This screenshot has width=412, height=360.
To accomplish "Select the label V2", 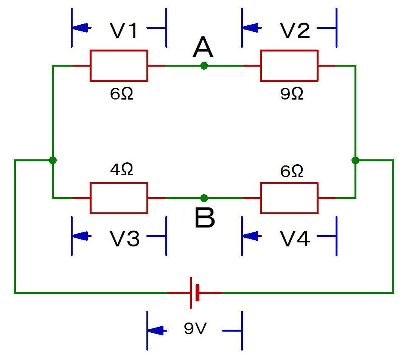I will tap(295, 31).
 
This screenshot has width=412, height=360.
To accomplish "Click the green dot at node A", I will tap(204, 66).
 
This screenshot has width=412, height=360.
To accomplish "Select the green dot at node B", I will tap(204, 198).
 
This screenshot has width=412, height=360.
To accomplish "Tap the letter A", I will tap(203, 48).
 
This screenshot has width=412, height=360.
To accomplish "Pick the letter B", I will tap(204, 219).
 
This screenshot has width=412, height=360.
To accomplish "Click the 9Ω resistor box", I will tap(289, 65).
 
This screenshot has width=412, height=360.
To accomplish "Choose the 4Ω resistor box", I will tap(119, 198).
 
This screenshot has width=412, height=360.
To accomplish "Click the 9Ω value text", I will tap(292, 94).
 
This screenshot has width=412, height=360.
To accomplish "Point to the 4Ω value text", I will tap(121, 170).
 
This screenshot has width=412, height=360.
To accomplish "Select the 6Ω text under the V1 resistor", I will tap(121, 94).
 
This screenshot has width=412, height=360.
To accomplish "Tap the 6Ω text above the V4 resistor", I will tap(292, 171).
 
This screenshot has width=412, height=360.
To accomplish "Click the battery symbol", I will tap(194, 293).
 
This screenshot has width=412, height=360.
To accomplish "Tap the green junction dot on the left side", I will tap(53, 160).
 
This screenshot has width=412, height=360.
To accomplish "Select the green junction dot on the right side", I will tap(355, 160).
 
